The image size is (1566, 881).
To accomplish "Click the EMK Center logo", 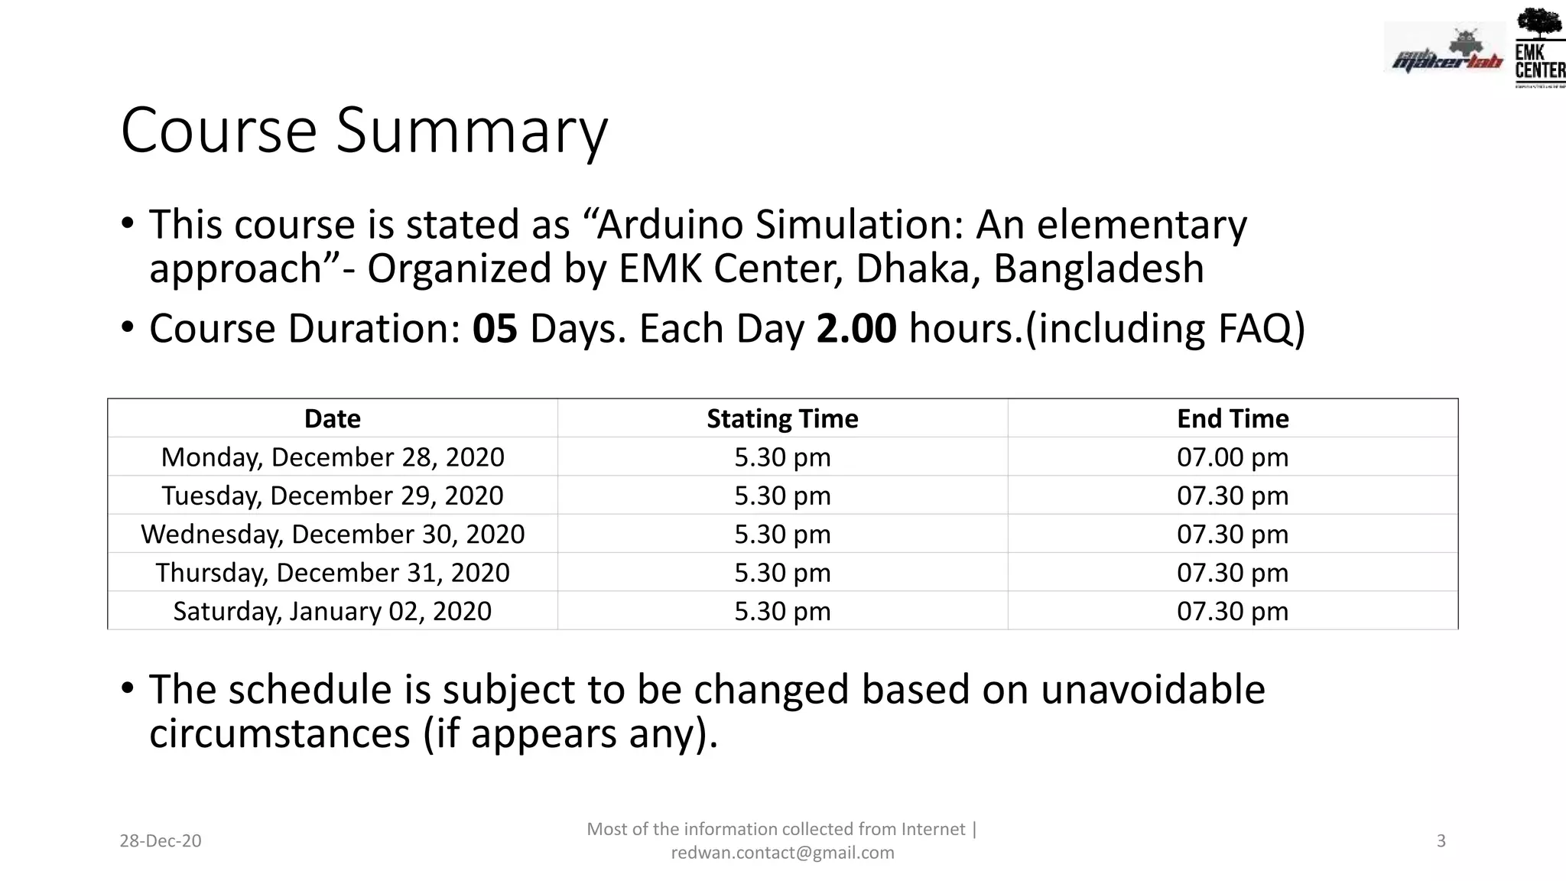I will click(1539, 47).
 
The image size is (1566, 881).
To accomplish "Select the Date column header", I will click(332, 418).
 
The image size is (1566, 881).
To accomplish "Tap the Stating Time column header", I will click(782, 418).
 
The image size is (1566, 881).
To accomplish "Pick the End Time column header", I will click(1233, 418).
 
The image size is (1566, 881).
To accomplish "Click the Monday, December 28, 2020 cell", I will click(333, 457).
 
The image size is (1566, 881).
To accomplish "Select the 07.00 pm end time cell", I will click(1233, 457).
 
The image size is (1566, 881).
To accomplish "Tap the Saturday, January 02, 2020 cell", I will click(333, 611).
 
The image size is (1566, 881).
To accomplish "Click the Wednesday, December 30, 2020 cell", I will click(333, 534).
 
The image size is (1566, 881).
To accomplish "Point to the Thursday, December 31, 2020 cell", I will click(333, 573).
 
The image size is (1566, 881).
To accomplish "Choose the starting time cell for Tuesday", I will click(782, 496).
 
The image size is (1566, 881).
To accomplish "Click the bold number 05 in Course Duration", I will click(495, 329).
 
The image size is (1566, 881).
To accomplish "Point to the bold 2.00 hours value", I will click(856, 329).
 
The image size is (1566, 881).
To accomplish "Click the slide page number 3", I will click(1441, 841).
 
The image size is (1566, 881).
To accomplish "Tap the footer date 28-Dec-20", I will click(161, 841).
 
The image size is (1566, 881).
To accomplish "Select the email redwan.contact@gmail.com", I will click(782, 853).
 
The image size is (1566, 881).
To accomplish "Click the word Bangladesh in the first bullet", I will click(1099, 268).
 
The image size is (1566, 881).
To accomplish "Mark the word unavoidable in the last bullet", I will click(1152, 689).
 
